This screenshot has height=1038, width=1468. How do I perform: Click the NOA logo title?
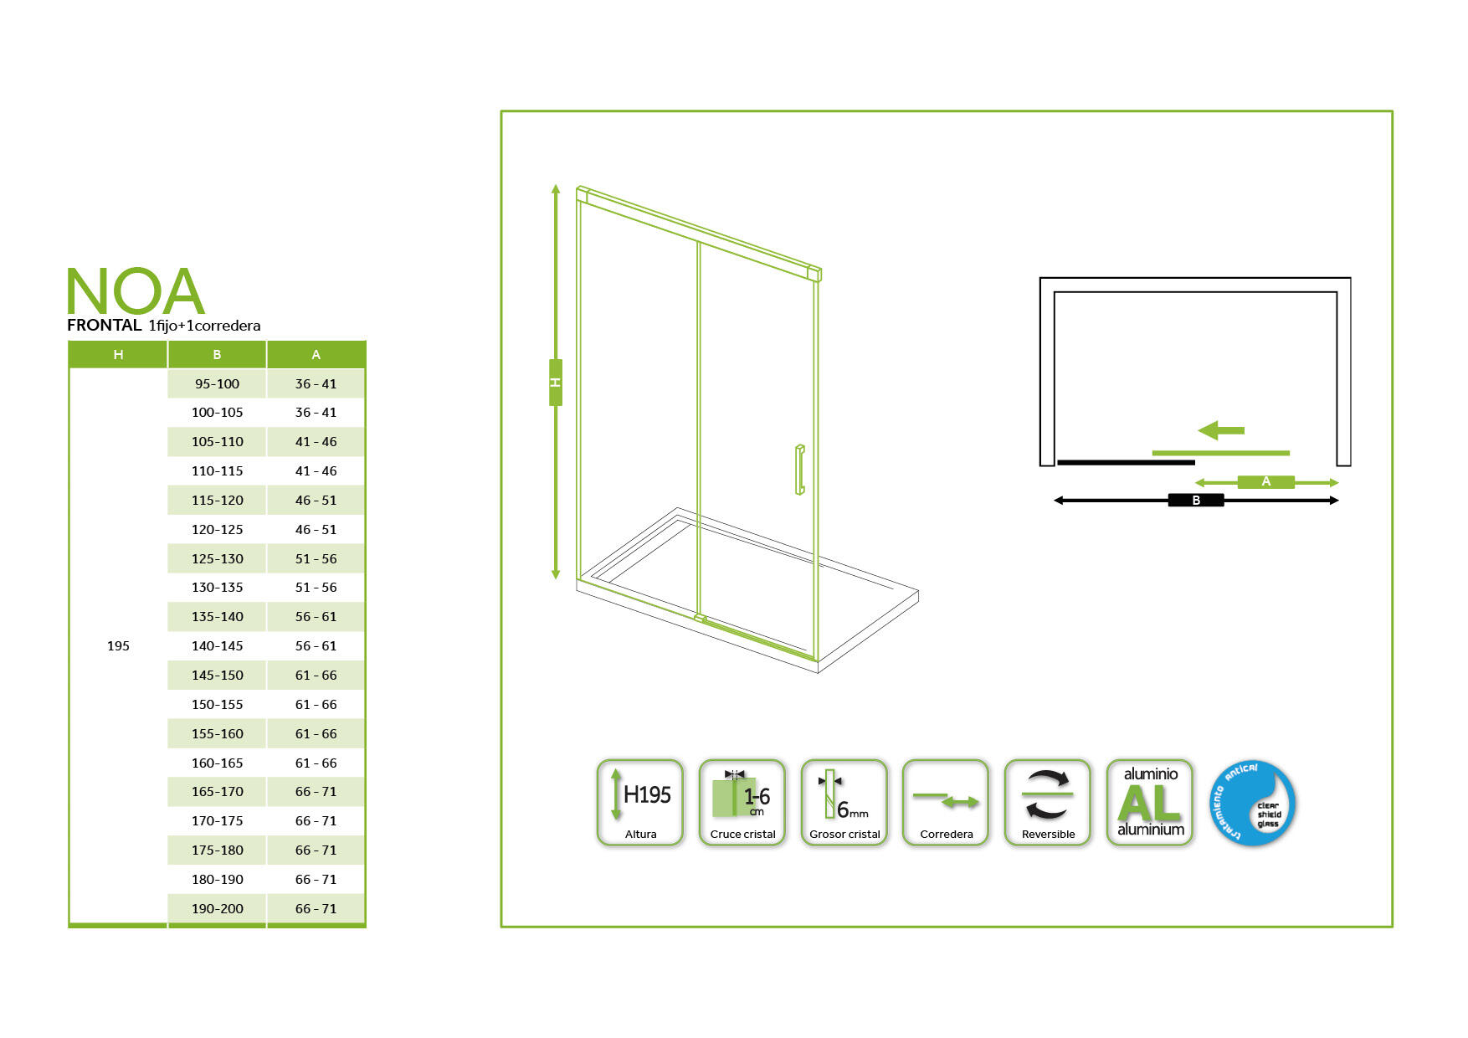(x=136, y=290)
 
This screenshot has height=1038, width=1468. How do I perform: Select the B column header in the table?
(x=217, y=354)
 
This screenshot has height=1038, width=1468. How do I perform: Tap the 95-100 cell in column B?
(x=217, y=383)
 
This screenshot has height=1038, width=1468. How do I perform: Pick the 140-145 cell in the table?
(x=217, y=645)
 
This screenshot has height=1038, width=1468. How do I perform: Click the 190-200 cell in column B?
(x=217, y=908)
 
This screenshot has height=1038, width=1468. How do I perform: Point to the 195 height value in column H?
(x=118, y=645)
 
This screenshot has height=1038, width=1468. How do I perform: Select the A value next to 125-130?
(x=316, y=558)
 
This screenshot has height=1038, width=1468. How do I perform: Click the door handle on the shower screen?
(x=799, y=470)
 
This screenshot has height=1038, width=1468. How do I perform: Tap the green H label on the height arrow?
(x=556, y=383)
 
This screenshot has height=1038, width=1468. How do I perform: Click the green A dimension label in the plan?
(x=1266, y=481)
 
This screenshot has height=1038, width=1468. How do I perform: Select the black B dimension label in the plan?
(x=1196, y=500)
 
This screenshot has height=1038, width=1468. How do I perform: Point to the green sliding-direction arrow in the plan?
(x=1221, y=430)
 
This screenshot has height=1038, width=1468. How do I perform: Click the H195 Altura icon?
(x=640, y=803)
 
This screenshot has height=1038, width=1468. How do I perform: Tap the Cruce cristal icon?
(x=742, y=803)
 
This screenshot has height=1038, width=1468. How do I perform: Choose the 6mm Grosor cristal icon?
(x=844, y=803)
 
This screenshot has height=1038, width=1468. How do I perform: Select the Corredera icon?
(x=946, y=803)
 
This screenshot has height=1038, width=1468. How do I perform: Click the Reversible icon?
(x=1048, y=803)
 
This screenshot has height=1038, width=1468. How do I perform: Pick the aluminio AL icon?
(x=1150, y=803)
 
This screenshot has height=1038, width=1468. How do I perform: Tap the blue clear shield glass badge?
(x=1253, y=803)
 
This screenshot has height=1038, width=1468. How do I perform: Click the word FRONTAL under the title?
(x=105, y=325)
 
